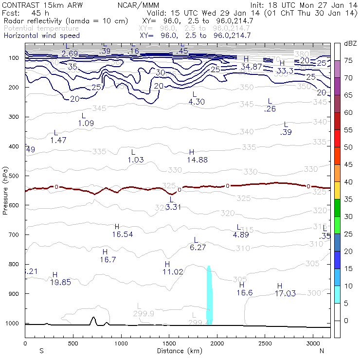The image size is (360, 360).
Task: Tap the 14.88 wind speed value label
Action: pos(197,160)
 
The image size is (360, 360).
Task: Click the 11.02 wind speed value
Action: pos(173,272)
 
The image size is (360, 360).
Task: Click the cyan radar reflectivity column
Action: pos(209,297)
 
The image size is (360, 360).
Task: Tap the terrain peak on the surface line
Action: pos(93,319)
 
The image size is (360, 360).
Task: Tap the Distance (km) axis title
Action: pos(178,350)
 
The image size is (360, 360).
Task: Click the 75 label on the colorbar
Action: pos(348,60)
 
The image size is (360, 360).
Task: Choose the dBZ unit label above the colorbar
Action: pos(350,43)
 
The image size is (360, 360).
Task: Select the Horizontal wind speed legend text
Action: pos(41,36)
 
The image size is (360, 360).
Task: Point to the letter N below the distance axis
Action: pos(322,351)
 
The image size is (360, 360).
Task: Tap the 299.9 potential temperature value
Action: pos(144,314)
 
